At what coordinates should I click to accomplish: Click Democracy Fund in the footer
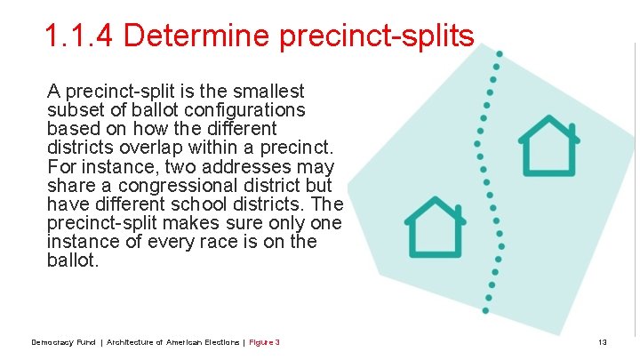(x=62, y=342)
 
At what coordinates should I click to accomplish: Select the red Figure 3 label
(x=265, y=342)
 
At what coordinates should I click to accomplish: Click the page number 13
(x=602, y=342)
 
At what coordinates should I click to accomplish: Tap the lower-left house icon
(x=435, y=228)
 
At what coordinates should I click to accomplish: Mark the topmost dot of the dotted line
(x=499, y=54)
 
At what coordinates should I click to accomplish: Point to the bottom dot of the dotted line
(x=485, y=309)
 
